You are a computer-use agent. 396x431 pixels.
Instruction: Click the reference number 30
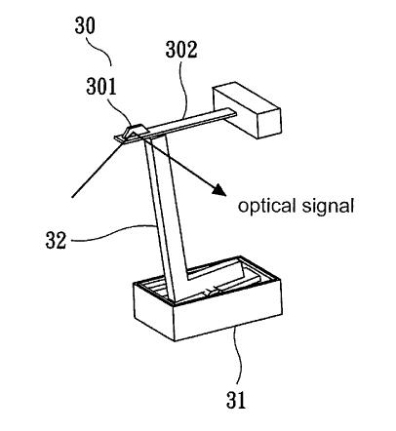[x=85, y=25]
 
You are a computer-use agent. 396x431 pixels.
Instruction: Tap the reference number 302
[x=181, y=50]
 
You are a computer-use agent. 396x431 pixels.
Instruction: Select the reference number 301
[x=101, y=87]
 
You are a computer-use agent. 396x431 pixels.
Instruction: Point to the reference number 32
[x=56, y=240]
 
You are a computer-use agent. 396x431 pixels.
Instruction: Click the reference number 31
[x=236, y=400]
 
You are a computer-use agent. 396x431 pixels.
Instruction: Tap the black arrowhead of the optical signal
[x=219, y=189]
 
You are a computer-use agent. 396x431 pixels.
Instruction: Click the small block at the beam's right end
[x=247, y=111]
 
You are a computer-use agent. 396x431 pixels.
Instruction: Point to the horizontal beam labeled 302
[x=182, y=124]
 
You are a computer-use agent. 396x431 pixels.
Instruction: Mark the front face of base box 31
[x=227, y=320]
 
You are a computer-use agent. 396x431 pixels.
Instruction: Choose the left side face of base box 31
[x=154, y=311]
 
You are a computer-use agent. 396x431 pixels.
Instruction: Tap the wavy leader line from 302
[x=185, y=89]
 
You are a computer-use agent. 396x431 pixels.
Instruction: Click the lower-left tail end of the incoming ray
[x=72, y=197]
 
